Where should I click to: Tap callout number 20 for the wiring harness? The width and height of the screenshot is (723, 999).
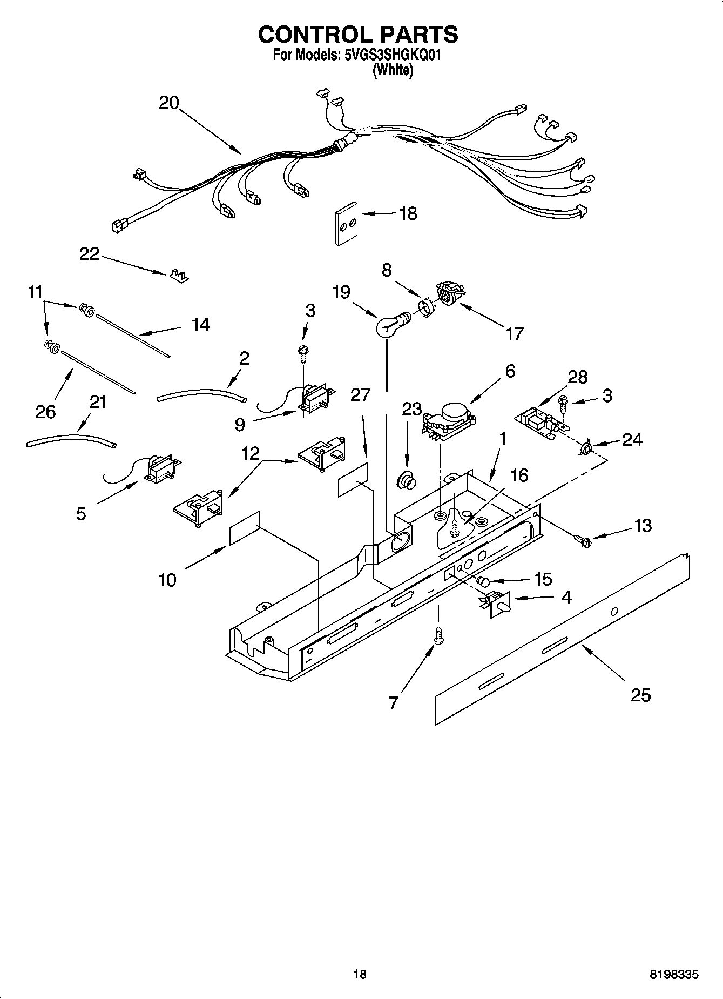click(168, 103)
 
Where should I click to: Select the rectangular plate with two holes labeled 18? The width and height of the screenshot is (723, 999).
click(346, 224)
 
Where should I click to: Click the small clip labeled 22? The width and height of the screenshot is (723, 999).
click(177, 276)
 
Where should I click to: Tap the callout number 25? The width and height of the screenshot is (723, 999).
click(640, 695)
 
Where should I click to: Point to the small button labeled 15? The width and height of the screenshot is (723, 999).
click(484, 582)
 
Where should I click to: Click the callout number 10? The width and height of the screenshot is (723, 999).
click(167, 580)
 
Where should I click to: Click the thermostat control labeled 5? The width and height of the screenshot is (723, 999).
click(160, 469)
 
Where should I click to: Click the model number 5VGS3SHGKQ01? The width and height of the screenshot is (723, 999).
click(392, 55)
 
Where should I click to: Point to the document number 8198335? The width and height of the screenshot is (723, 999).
click(674, 975)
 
